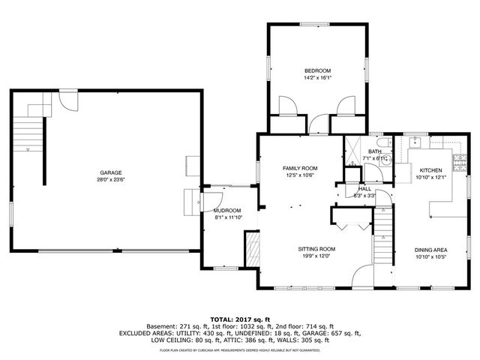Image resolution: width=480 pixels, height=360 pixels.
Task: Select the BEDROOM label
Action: (317, 70)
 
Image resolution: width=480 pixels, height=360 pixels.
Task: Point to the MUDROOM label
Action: (227, 211)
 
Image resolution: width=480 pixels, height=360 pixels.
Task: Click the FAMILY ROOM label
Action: (300, 168)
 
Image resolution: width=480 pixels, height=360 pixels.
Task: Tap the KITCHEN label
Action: (430, 170)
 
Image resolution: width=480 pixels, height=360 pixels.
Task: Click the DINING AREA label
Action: (430, 250)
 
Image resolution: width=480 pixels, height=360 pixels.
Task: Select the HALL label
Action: (364, 189)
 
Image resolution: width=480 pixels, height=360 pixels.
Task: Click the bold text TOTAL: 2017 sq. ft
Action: (239, 319)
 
